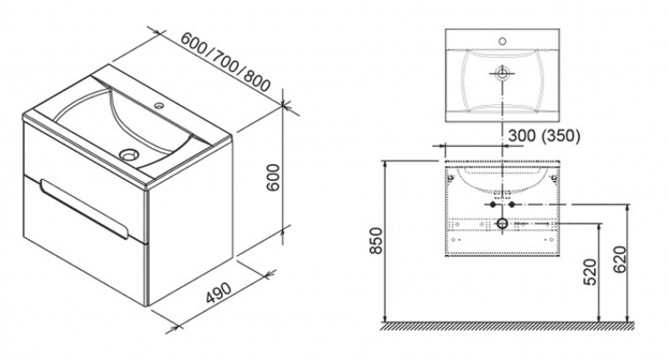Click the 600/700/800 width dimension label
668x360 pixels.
tap(225, 61)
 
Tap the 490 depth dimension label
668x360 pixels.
tap(219, 292)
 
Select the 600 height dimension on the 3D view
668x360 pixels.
tap(273, 176)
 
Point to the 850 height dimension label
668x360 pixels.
tap(376, 241)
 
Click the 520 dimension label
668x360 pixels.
tap(591, 272)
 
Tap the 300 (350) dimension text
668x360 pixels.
tap(544, 136)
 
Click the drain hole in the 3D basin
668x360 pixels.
tap(128, 154)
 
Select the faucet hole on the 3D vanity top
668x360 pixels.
tap(159, 104)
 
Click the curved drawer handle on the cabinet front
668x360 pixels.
tap(85, 209)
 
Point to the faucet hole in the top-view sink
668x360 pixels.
tap(502, 41)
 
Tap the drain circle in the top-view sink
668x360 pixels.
tap(502, 73)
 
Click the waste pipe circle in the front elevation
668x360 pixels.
tap(502, 224)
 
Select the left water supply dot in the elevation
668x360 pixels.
tap(493, 204)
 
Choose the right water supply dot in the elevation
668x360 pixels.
tap(512, 204)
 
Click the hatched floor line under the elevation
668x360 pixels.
tap(507, 325)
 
